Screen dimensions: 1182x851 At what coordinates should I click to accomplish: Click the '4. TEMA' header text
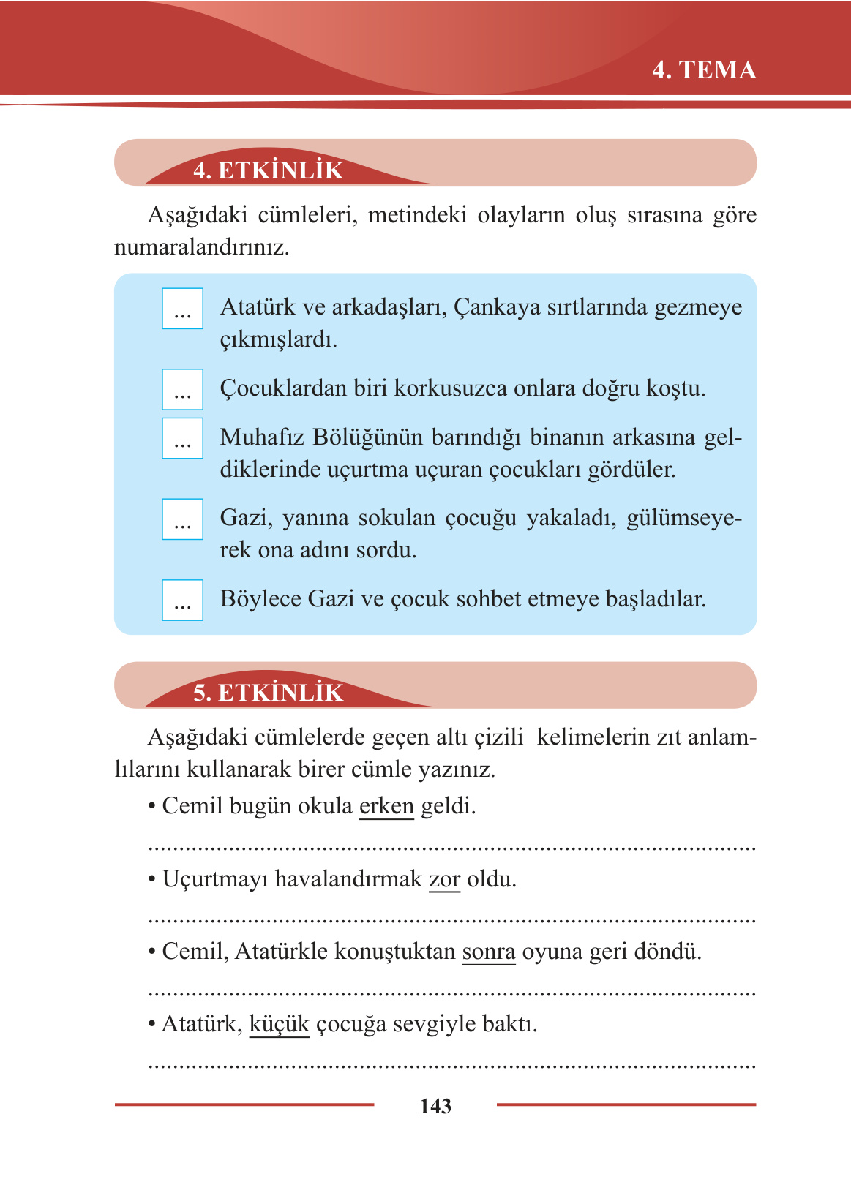704,70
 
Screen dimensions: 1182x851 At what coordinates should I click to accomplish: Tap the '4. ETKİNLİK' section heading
268,170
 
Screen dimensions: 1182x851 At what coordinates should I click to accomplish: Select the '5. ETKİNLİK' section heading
268,693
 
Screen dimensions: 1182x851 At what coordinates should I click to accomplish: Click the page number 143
435,1106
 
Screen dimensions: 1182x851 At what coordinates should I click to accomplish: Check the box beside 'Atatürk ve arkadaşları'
182,309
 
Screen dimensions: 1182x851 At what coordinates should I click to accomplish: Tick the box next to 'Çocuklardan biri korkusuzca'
182,389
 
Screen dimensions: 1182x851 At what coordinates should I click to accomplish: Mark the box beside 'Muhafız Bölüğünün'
182,438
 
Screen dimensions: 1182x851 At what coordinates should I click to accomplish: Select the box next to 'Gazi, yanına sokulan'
182,519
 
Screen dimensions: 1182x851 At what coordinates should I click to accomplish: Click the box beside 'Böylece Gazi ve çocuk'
182,600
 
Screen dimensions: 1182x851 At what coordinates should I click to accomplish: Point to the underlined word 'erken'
386,806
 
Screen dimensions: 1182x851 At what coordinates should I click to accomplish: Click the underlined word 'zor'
444,878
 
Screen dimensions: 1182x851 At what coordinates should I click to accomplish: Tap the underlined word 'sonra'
489,952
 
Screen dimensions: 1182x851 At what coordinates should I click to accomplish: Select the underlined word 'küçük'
280,1024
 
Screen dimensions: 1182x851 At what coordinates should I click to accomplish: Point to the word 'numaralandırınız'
201,247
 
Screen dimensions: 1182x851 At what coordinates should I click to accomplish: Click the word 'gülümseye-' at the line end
684,519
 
